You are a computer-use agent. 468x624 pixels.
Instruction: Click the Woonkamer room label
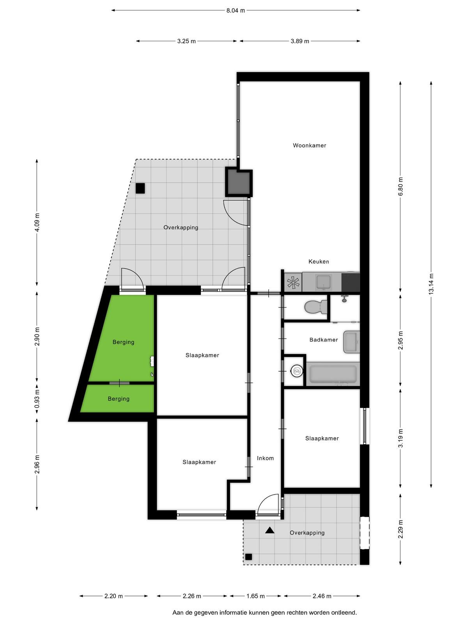(309, 145)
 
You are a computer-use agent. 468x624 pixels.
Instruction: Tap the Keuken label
(319, 262)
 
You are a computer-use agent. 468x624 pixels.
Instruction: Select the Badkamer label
(323, 340)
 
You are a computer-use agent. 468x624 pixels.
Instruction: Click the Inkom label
(265, 458)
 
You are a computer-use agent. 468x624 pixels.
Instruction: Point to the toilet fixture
(316, 307)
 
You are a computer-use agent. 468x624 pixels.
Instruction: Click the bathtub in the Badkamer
(333, 374)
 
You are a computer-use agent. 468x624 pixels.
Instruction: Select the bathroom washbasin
(351, 342)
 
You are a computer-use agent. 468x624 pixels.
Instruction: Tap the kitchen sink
(323, 282)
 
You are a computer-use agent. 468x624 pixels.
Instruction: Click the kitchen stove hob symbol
(293, 282)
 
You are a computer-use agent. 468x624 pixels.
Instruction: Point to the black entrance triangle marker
(269, 530)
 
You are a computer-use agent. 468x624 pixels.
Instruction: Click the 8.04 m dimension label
(236, 11)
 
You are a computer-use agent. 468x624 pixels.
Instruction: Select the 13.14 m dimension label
(431, 284)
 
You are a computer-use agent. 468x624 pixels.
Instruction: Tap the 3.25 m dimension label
(186, 41)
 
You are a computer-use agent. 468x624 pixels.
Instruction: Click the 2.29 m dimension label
(401, 529)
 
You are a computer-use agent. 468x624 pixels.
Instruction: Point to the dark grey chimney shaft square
(239, 183)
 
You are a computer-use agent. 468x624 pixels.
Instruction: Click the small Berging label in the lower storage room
(119, 399)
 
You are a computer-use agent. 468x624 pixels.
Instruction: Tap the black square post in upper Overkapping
(140, 188)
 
